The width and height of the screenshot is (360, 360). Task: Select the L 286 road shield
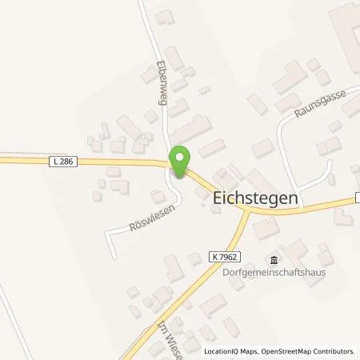(61, 162)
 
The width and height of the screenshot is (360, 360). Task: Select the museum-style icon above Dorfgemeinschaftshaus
(274, 260)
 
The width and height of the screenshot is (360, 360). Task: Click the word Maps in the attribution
(248, 351)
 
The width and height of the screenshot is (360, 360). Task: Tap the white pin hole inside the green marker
(181, 158)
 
